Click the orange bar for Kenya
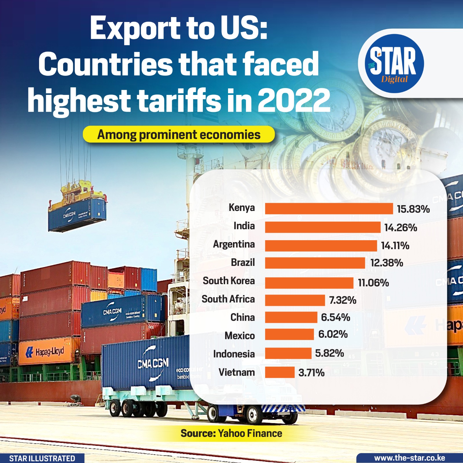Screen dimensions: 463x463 329,209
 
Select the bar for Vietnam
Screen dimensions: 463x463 280,372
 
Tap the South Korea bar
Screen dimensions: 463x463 309,283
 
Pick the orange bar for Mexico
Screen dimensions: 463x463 289,334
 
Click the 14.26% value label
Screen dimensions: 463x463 400,228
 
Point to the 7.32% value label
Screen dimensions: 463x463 343,300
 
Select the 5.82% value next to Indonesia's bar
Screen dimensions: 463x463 329,353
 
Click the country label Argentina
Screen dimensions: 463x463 234,244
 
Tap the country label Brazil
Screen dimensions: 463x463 243,262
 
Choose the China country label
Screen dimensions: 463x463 242,317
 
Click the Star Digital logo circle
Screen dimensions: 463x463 394,64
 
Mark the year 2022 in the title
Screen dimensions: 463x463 293,100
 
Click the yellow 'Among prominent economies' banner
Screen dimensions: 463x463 179,135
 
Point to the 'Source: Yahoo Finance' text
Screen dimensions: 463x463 231,433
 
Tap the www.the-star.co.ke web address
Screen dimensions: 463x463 409,458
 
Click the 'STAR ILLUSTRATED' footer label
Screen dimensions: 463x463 42,458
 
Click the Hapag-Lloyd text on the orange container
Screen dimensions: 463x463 49,352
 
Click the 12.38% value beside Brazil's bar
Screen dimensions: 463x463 387,263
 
